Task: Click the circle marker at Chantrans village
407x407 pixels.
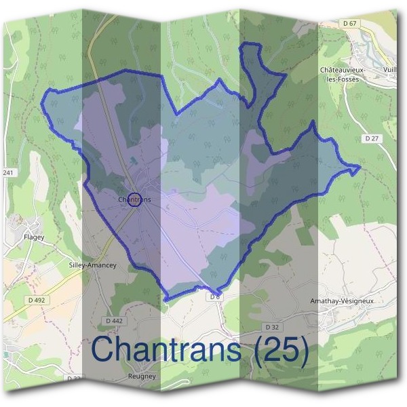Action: pyautogui.click(x=134, y=199)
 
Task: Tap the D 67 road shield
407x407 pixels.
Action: pyautogui.click(x=350, y=24)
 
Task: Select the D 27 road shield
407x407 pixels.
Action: pyautogui.click(x=370, y=138)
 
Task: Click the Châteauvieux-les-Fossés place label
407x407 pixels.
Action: pyautogui.click(x=343, y=74)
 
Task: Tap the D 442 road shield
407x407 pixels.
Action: pyautogui.click(x=114, y=320)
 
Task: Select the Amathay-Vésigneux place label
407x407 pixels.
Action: pyautogui.click(x=341, y=301)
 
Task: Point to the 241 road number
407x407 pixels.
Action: pyautogui.click(x=8, y=172)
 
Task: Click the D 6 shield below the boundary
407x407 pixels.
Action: pyautogui.click(x=215, y=296)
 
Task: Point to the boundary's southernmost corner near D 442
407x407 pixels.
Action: pyautogui.click(x=164, y=299)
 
